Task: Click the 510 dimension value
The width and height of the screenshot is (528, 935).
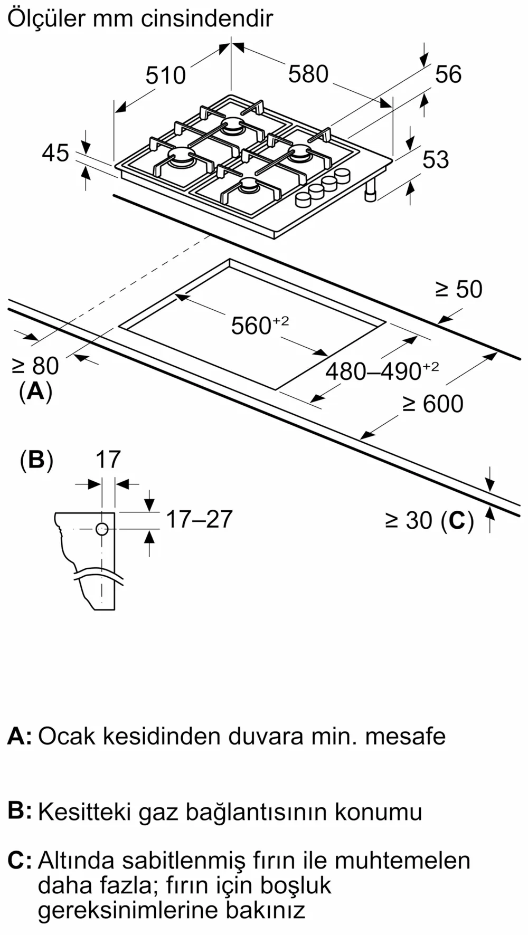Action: point(165,75)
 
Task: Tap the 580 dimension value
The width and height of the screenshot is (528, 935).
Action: point(308,74)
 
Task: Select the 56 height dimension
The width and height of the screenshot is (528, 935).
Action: point(448,74)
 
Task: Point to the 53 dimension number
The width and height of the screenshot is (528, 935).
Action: point(436,159)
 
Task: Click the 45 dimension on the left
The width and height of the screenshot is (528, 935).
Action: point(55,153)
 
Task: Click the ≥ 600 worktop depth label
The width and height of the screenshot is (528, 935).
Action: point(433,404)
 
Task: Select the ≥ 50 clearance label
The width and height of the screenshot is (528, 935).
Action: point(458,289)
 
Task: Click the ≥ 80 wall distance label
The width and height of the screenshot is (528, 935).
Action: point(35,366)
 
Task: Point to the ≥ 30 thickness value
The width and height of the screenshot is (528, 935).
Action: point(409,520)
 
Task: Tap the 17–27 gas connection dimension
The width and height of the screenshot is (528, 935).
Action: point(199,519)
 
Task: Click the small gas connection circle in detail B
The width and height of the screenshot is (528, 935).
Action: point(102,529)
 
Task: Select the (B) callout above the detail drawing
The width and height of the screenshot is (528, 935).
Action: point(36,460)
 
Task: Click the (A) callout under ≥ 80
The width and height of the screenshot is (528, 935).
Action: point(35,392)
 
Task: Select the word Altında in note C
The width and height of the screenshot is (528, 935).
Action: point(76,861)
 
